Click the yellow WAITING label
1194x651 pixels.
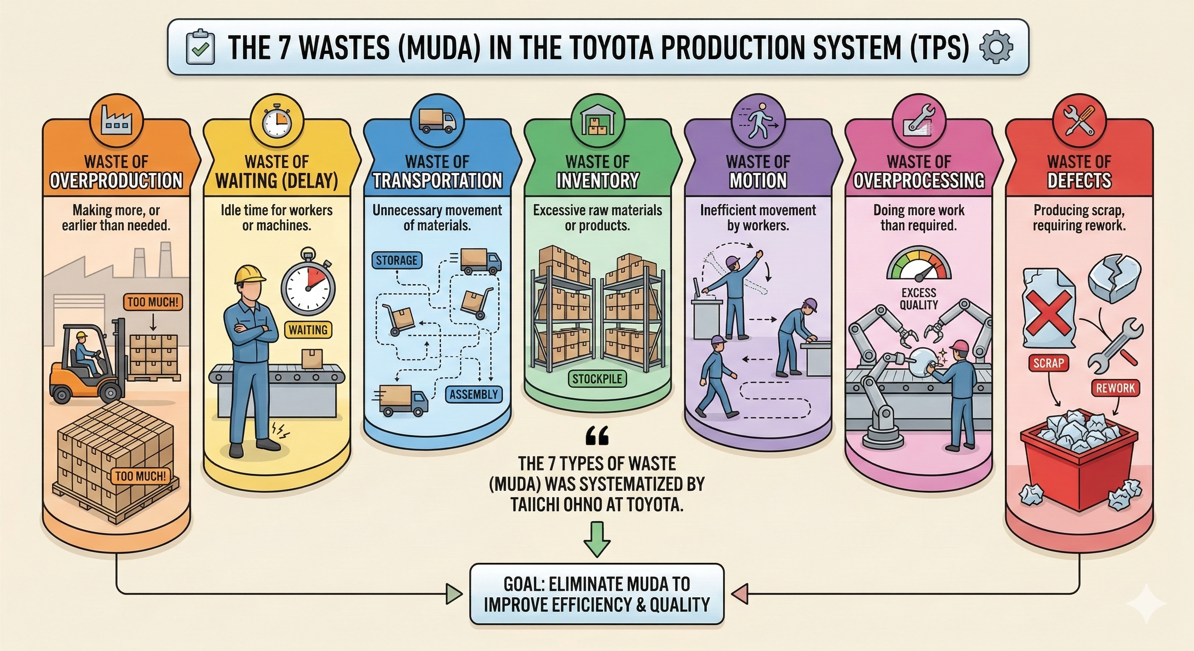308,330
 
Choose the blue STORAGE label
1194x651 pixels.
396,260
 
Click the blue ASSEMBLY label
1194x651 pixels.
473,394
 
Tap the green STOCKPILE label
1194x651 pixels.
597,379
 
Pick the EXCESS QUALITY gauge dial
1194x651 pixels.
919,265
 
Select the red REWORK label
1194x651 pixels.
1115,388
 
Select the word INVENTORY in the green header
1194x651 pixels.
597,180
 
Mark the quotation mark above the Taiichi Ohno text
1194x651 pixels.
597,436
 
